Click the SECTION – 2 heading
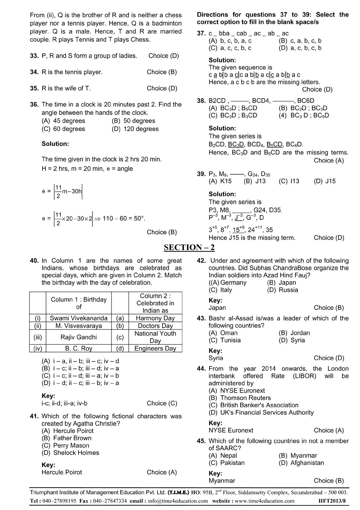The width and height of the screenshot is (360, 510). pyautogui.click(x=189, y=248)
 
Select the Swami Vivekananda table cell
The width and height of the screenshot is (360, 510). pyautogui.click(x=79, y=318)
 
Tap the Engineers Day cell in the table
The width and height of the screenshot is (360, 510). pyautogui.click(x=155, y=349)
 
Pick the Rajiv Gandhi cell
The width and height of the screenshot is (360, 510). pyautogui.click(x=79, y=337)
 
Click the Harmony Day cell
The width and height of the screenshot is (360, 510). pyautogui.click(x=155, y=318)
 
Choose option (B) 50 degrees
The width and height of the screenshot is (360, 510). pyautogui.click(x=133, y=121)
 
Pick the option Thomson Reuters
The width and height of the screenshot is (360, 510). pyautogui.click(x=240, y=398)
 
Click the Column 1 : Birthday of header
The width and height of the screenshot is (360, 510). pyautogui.click(x=79, y=303)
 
